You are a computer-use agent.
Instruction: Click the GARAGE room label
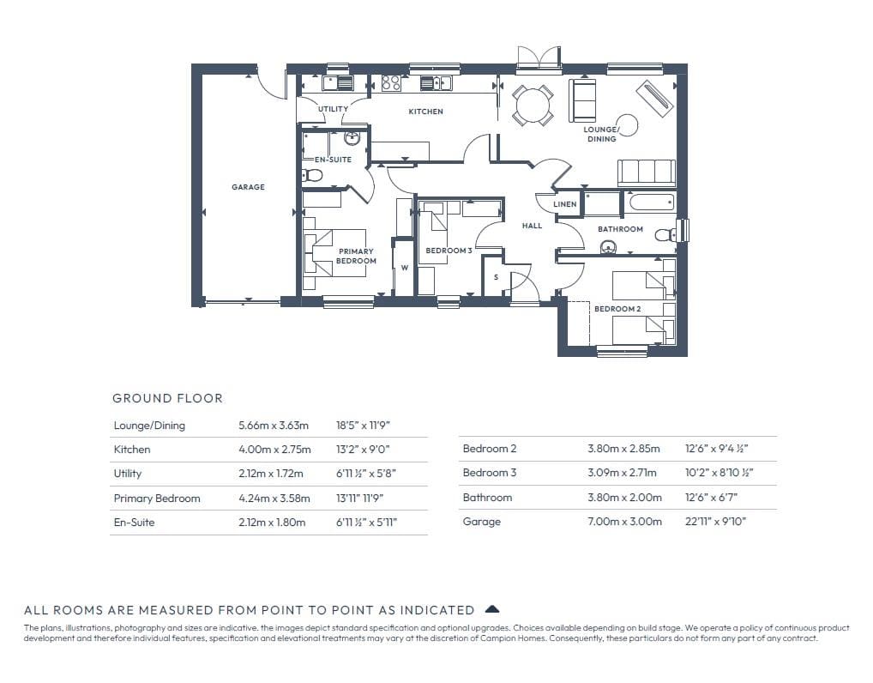(x=249, y=187)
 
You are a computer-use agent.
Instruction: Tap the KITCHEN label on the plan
(x=426, y=112)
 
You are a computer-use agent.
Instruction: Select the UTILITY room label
(x=333, y=109)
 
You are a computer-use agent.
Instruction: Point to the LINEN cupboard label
(x=564, y=204)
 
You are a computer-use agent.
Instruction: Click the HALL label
(x=532, y=226)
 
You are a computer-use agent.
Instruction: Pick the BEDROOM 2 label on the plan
(x=617, y=309)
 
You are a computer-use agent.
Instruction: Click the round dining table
(x=533, y=106)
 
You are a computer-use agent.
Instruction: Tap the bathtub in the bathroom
(x=651, y=202)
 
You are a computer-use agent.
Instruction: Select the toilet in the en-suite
(x=312, y=176)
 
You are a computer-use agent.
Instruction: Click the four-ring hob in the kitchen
(x=391, y=83)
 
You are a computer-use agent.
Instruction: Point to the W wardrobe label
(x=405, y=268)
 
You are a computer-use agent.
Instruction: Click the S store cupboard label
(x=496, y=277)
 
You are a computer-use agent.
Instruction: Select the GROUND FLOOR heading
(x=167, y=398)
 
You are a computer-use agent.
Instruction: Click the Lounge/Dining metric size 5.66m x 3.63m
(x=274, y=425)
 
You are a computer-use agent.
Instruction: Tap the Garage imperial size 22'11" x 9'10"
(x=715, y=522)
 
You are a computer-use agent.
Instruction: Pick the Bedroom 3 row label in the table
(x=490, y=473)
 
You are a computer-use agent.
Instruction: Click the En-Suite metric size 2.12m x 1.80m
(x=272, y=522)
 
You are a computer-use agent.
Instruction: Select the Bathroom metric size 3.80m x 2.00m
(x=624, y=497)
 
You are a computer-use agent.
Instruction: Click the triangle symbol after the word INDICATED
(x=492, y=609)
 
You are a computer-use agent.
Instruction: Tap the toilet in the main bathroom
(x=665, y=234)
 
